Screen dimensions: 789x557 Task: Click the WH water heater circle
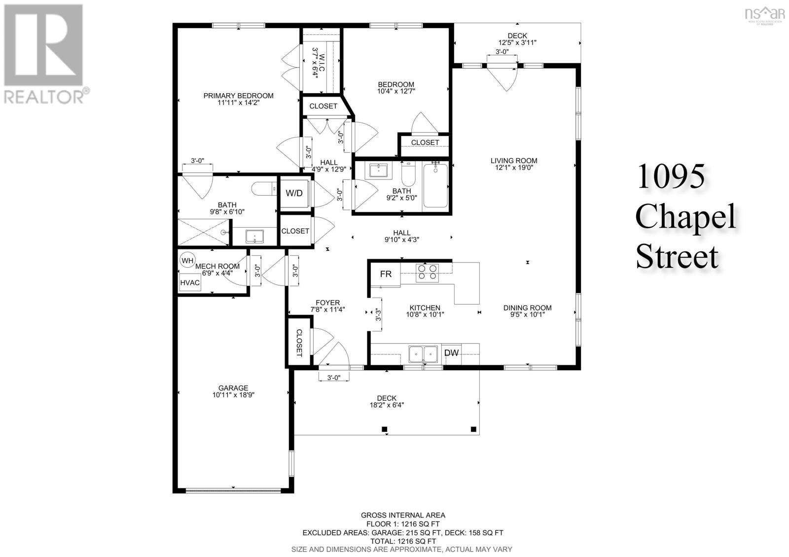[x=187, y=261]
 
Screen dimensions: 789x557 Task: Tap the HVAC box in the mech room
[x=190, y=282]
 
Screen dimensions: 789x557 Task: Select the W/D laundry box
[x=294, y=193]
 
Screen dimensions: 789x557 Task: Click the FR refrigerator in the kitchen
[x=386, y=274]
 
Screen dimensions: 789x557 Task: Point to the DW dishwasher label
[x=451, y=352]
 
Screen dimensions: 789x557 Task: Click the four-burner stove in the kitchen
[x=427, y=273]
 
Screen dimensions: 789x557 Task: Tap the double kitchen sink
[x=423, y=354]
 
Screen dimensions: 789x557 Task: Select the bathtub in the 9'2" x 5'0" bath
[x=435, y=186]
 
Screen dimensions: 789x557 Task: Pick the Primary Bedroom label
[x=239, y=96]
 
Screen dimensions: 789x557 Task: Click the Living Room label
[x=514, y=161]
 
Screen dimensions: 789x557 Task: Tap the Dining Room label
[x=527, y=308]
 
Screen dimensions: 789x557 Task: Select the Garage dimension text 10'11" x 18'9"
[x=233, y=395]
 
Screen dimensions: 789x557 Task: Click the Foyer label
[x=327, y=303]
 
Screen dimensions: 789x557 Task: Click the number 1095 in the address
[x=671, y=176]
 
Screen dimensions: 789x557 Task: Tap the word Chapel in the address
[x=686, y=216]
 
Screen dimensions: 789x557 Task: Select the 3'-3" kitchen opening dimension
[x=378, y=314]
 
